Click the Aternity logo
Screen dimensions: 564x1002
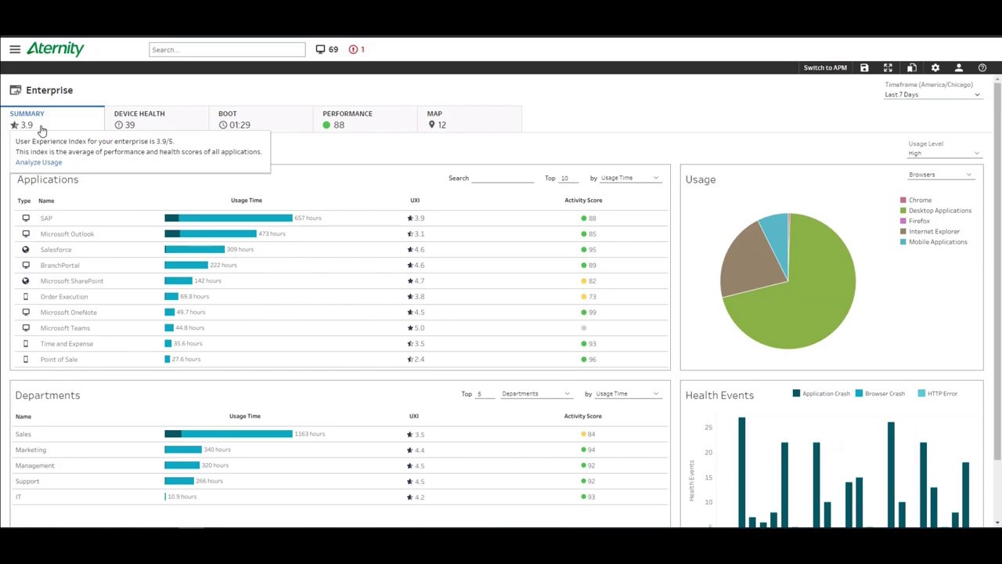coord(55,49)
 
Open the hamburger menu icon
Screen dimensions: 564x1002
coord(15,49)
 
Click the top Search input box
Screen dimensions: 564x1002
coord(227,49)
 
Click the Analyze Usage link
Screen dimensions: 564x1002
coord(38,162)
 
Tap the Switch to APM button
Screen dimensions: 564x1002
coord(825,68)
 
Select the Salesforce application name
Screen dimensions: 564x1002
coord(56,250)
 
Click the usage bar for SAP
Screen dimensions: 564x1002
coord(228,218)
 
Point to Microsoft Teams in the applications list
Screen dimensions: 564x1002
coord(65,328)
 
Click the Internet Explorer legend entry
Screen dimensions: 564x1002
coord(933,232)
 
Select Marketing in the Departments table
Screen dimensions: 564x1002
coord(31,450)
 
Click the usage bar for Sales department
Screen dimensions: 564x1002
coord(228,434)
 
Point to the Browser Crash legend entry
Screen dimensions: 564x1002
coord(884,394)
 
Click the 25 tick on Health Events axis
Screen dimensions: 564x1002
coord(708,427)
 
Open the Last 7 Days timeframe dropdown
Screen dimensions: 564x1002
coord(932,95)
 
